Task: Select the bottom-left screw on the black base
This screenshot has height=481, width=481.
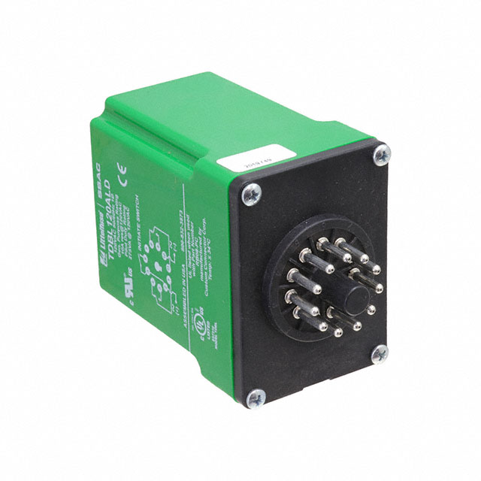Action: click(254, 399)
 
